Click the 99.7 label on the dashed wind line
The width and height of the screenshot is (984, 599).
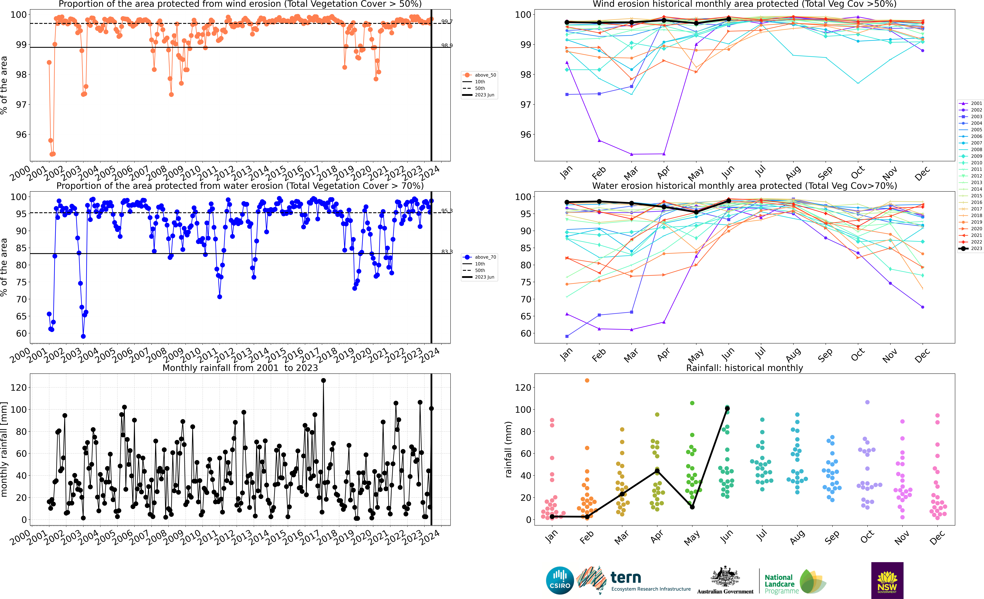tap(447, 22)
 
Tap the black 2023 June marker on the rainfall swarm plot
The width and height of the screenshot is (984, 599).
tap(727, 409)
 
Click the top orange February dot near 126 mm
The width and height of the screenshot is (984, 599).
tap(587, 381)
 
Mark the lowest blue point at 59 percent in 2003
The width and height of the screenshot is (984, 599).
tap(83, 336)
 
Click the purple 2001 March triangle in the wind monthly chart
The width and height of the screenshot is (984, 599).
tap(631, 154)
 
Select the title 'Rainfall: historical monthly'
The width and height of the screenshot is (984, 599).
tap(744, 368)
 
